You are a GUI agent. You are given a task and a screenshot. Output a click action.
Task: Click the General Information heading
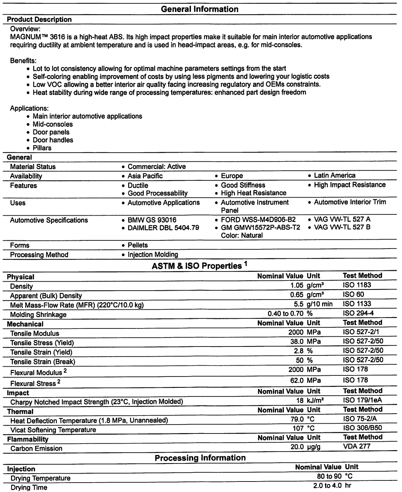click(199, 9)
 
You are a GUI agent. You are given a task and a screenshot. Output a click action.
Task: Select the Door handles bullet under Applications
click(53, 140)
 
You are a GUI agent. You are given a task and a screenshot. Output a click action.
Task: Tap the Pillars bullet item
click(42, 148)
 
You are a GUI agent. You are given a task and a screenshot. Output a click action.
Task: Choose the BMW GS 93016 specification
click(152, 220)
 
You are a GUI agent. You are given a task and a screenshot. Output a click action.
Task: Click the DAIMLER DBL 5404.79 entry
click(163, 228)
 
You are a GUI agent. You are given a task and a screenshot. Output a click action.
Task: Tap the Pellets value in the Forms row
click(138, 245)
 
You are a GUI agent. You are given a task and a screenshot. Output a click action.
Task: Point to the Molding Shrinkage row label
click(38, 315)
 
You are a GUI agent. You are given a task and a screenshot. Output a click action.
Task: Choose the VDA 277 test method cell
click(357, 446)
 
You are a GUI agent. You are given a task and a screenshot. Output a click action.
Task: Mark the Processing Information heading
click(200, 458)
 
